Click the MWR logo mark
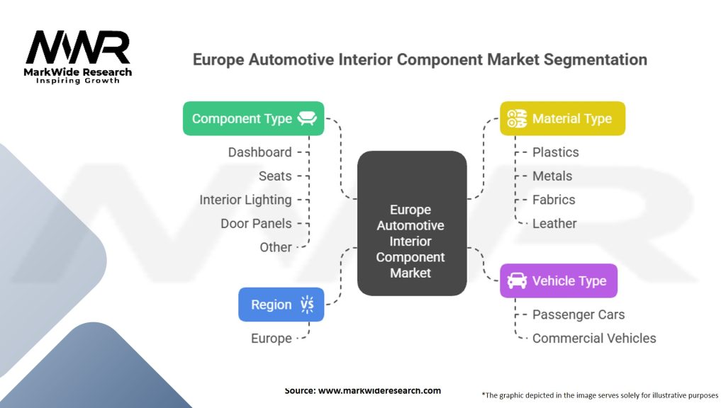(x=78, y=47)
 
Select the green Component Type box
(x=253, y=118)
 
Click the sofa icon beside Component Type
(x=307, y=118)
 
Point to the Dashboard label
(x=259, y=152)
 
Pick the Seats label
(x=275, y=176)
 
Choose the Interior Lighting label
(x=245, y=200)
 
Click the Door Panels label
(x=256, y=223)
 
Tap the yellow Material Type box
(x=562, y=118)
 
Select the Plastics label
(x=556, y=152)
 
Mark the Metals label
(x=552, y=176)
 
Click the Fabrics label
(x=554, y=200)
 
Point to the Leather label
(x=554, y=223)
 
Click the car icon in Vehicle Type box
(x=517, y=280)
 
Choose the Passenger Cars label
(x=579, y=314)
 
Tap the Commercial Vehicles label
(x=594, y=338)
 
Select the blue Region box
(x=281, y=305)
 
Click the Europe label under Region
(x=272, y=338)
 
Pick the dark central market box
(x=412, y=223)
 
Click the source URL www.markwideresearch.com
(x=380, y=390)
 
